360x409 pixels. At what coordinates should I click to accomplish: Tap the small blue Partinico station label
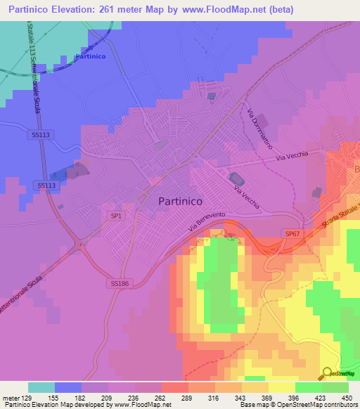click(90, 57)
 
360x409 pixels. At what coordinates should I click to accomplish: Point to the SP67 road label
click(293, 233)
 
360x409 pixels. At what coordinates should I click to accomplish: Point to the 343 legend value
click(240, 398)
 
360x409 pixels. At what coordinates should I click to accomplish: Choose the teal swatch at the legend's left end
click(41, 387)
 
